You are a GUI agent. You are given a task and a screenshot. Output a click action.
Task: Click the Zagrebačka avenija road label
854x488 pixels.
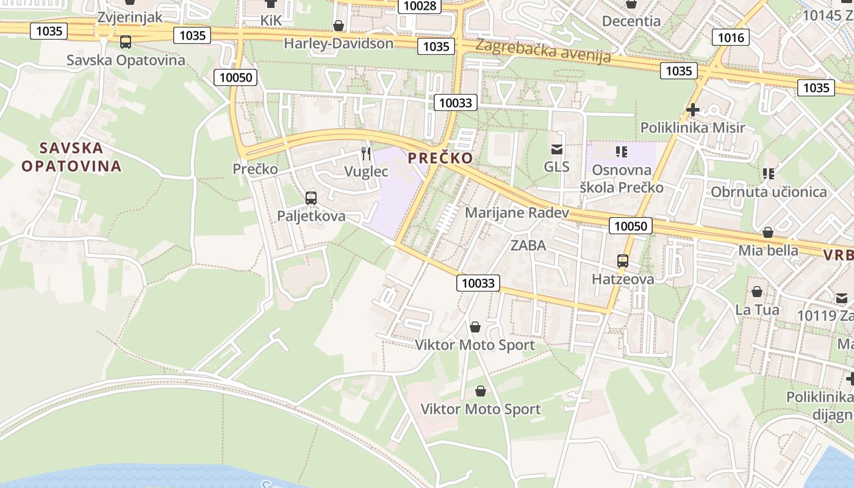tap(543, 51)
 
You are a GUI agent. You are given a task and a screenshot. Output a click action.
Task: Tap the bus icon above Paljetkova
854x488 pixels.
tap(311, 198)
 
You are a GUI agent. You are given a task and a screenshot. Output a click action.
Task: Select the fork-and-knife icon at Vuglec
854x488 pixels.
tap(366, 153)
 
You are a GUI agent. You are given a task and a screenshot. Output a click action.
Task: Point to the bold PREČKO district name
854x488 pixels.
tap(440, 158)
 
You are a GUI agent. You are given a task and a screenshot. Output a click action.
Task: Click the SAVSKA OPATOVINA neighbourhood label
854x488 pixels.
tap(71, 157)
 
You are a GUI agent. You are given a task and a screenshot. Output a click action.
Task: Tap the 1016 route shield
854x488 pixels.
tap(731, 38)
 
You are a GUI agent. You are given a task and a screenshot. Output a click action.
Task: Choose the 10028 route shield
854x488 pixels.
tap(420, 6)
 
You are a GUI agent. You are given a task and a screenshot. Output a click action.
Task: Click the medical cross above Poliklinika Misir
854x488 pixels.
tap(692, 110)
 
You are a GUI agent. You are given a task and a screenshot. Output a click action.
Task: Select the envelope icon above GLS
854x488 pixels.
tap(556, 149)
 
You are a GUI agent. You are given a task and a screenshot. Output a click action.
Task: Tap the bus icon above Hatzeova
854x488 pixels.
tap(623, 261)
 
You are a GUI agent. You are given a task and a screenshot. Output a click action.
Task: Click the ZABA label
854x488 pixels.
tap(528, 246)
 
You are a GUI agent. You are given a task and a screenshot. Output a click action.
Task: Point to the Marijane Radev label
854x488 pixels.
tap(517, 213)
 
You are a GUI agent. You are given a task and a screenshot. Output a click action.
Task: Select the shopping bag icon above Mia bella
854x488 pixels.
tap(768, 232)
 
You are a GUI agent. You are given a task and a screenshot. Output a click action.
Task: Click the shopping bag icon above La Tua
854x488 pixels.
tap(757, 292)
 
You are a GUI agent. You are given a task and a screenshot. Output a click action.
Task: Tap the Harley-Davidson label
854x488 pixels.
tap(339, 43)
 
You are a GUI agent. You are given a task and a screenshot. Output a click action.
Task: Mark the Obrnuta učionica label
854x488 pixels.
tap(769, 192)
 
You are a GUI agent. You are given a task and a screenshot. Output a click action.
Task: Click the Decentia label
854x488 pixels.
tap(631, 21)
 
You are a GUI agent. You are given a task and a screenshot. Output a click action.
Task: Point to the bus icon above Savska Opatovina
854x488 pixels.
tap(126, 42)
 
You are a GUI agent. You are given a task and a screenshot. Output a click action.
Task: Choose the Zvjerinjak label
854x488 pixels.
tap(130, 16)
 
